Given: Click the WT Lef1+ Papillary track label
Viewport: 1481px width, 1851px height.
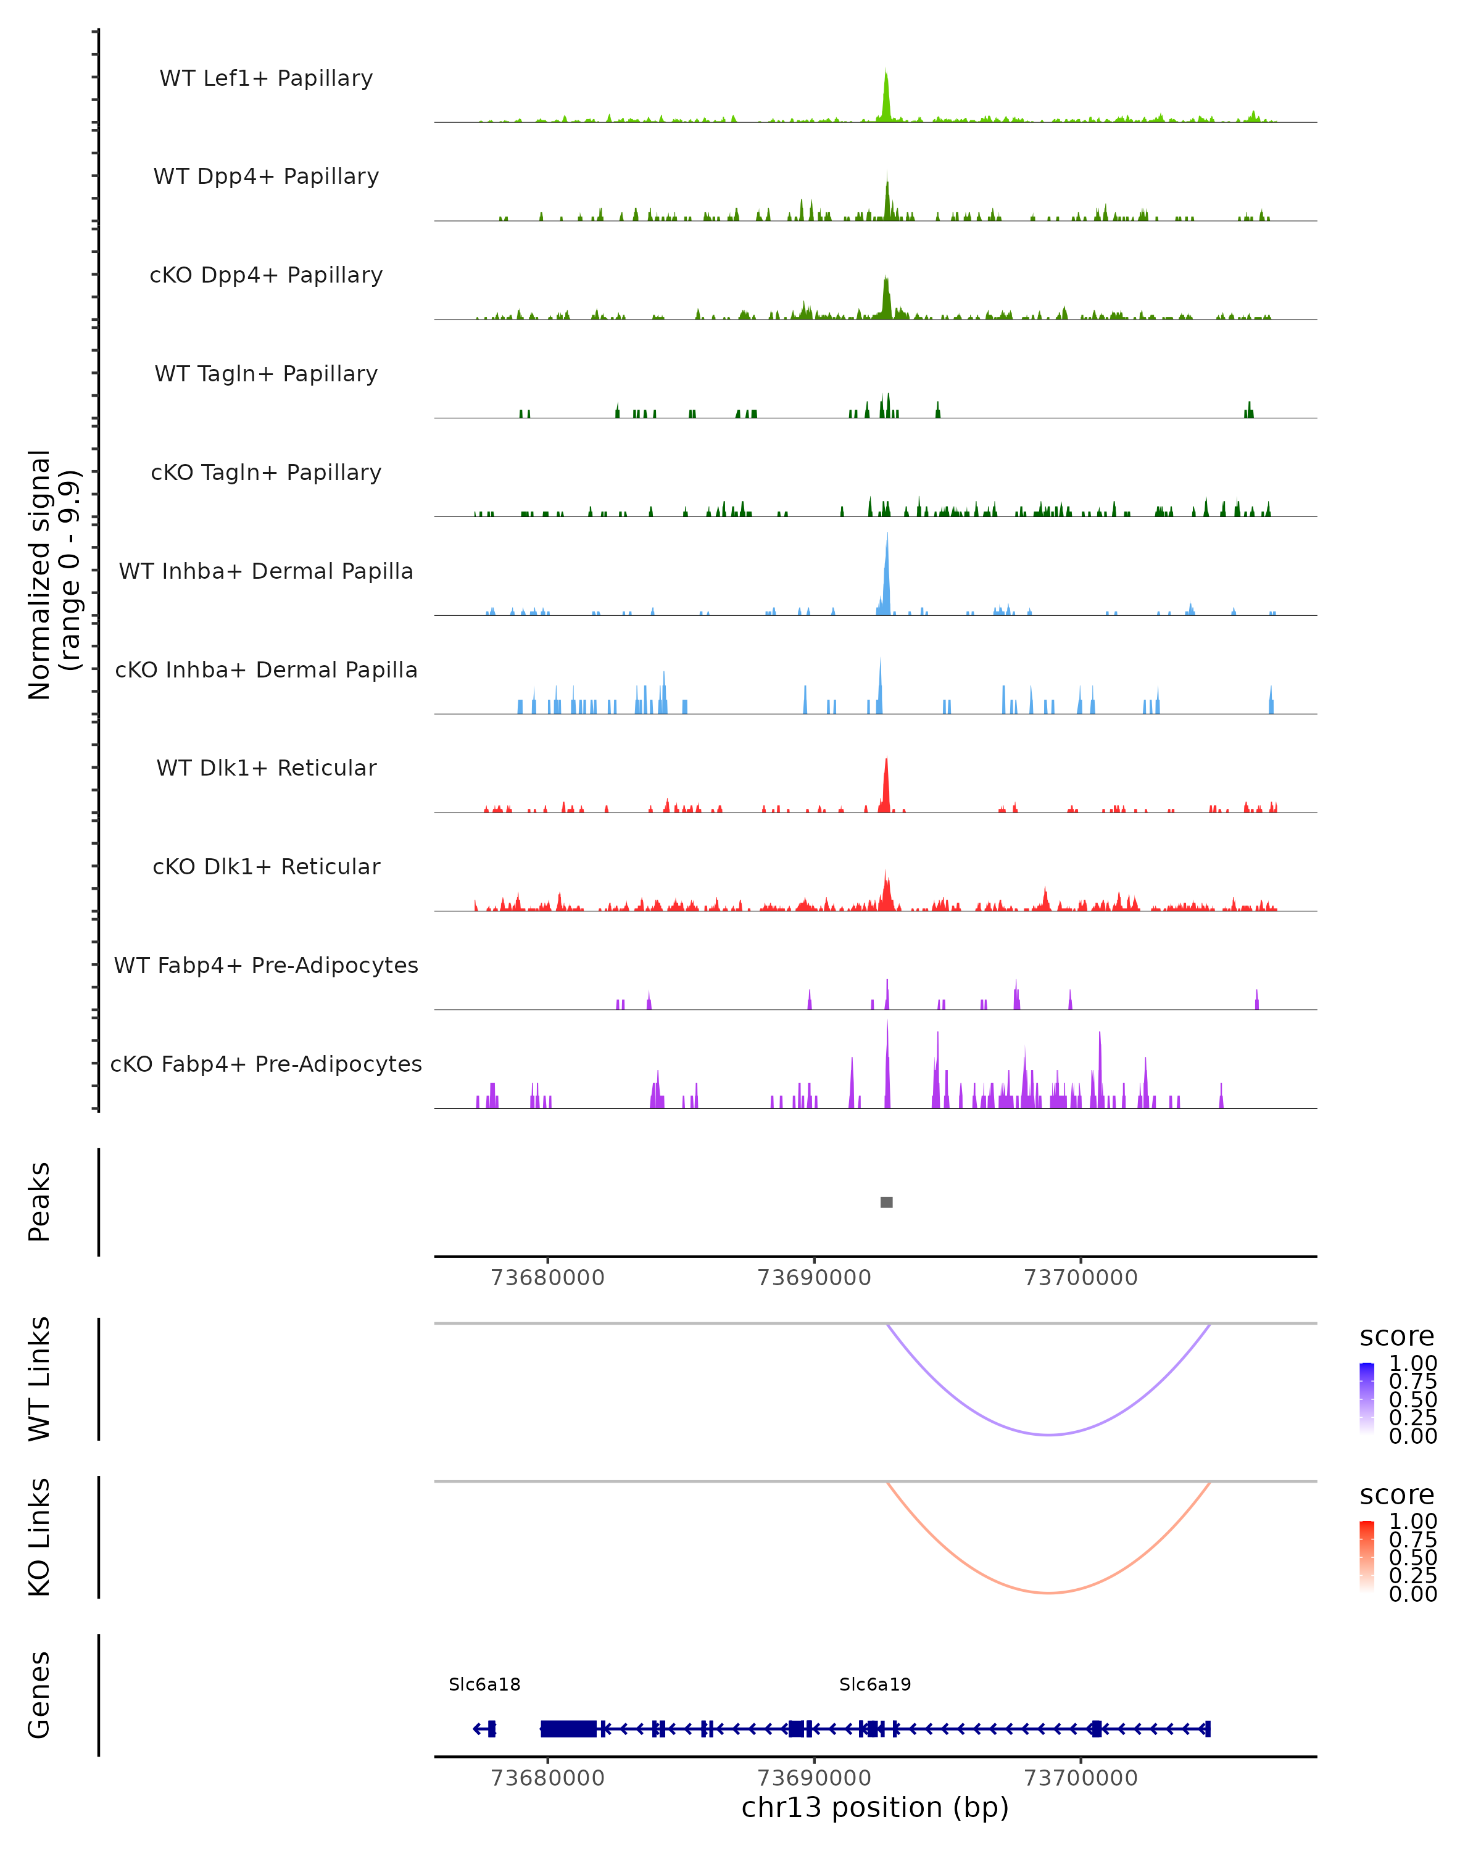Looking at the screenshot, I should tap(266, 78).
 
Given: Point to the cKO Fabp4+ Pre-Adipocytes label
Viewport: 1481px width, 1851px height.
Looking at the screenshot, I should tap(266, 1064).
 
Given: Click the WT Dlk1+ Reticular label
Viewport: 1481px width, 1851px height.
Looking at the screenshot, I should tap(266, 768).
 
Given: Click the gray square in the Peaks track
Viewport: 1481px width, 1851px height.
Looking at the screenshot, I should tap(887, 1202).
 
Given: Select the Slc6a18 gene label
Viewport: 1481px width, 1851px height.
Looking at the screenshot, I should tap(484, 1684).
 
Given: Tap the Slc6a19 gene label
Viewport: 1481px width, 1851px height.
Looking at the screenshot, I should tap(875, 1684).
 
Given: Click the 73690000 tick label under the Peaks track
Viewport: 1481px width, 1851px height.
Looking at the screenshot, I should tap(814, 1278).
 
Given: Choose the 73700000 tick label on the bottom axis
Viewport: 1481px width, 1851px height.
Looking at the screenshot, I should tap(1080, 1778).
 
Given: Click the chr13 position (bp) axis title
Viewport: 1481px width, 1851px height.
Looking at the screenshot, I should tap(875, 1808).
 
